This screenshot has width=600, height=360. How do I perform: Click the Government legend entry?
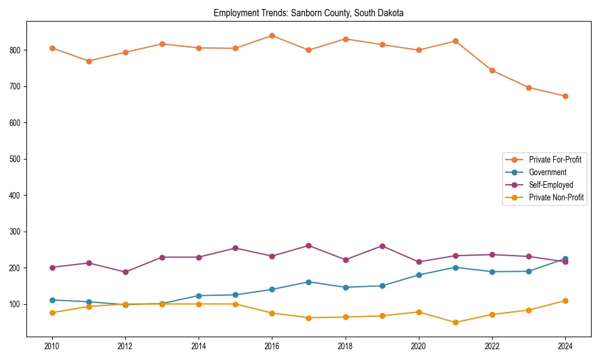point(547,172)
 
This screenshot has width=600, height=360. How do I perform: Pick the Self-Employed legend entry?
point(551,185)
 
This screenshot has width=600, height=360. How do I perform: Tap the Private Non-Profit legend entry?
point(556,197)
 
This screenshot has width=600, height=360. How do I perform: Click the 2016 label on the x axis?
point(272,346)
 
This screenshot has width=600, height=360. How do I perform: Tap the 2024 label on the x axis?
point(565,346)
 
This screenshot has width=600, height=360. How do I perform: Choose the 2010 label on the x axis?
point(52,346)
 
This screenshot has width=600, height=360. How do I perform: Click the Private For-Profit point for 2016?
point(272,35)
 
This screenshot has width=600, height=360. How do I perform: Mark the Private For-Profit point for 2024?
point(565,96)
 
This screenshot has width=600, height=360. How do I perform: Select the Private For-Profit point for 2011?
point(89,61)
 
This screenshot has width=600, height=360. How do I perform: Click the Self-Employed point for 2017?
point(308,245)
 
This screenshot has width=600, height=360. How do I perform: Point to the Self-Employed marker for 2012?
point(125,272)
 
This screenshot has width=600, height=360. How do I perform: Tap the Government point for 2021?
point(455,268)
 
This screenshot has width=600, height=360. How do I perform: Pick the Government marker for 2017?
point(308,282)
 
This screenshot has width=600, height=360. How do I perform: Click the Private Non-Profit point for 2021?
point(455,322)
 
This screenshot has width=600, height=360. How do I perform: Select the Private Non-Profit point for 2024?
point(565,301)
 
